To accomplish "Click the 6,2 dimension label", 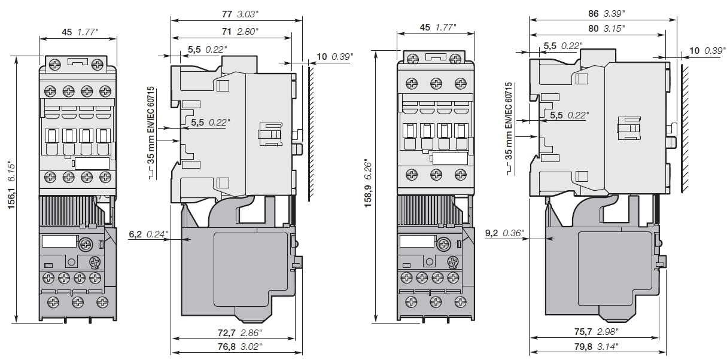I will [135, 233].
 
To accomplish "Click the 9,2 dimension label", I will [492, 233].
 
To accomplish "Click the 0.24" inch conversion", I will [157, 233].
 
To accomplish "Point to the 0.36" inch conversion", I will [514, 233].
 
